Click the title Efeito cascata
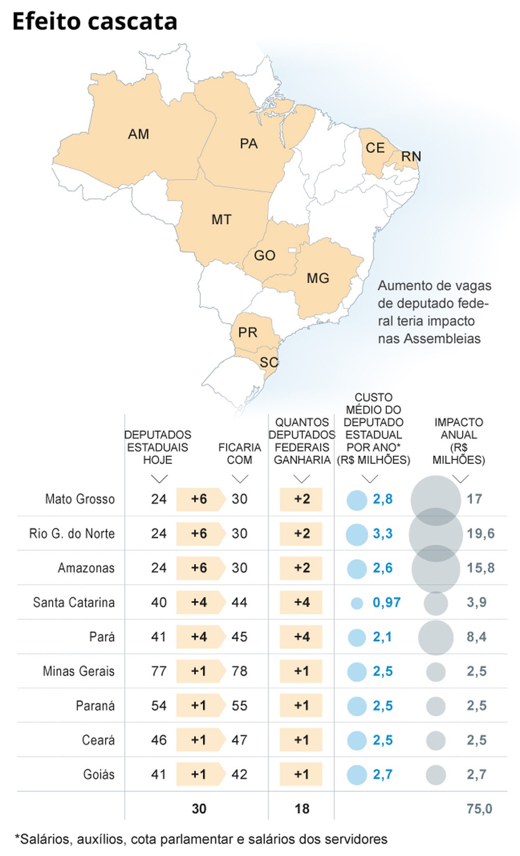click(95, 22)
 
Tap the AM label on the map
click(138, 134)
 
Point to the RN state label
click(411, 156)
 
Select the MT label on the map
click(222, 220)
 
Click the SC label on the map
click(269, 362)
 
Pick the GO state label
click(265, 256)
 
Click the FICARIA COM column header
click(239, 454)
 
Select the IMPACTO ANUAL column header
click(459, 441)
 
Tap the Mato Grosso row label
click(80, 499)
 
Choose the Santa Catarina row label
click(73, 602)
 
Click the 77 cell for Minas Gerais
click(159, 671)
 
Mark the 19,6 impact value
click(480, 534)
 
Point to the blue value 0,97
click(386, 603)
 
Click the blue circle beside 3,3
click(357, 534)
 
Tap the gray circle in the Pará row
click(436, 637)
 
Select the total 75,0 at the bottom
click(479, 809)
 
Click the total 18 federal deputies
click(302, 809)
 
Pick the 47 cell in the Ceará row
click(239, 740)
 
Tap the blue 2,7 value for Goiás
click(383, 775)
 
